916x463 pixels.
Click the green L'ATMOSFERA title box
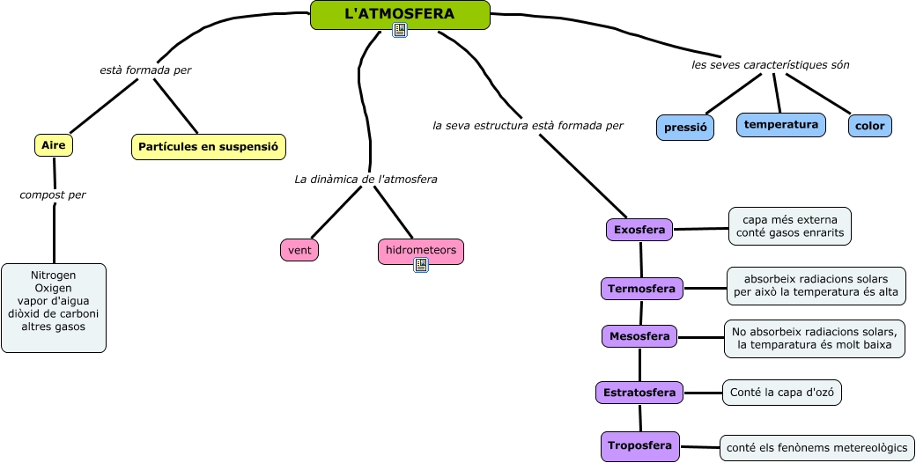pos(400,14)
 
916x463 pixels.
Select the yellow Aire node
pos(54,145)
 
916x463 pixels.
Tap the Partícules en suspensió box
pos(209,147)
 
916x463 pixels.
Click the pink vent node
pos(299,250)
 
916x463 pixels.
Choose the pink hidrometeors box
pos(420,251)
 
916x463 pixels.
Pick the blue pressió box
pos(685,127)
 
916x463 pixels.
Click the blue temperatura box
pos(781,125)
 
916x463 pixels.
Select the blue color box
pos(870,126)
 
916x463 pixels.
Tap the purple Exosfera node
pos(639,230)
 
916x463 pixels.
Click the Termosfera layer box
pos(641,288)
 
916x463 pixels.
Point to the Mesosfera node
pos(640,335)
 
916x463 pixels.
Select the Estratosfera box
pos(639,392)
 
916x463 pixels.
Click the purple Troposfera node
pos(640,445)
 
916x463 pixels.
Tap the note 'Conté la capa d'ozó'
pos(781,393)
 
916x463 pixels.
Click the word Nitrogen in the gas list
pos(53,276)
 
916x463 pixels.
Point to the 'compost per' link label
pos(53,195)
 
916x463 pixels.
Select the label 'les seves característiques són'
pos(771,65)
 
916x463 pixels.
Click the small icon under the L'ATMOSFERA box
pos(400,31)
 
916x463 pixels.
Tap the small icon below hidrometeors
pos(420,265)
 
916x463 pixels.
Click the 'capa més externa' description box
pos(790,225)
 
